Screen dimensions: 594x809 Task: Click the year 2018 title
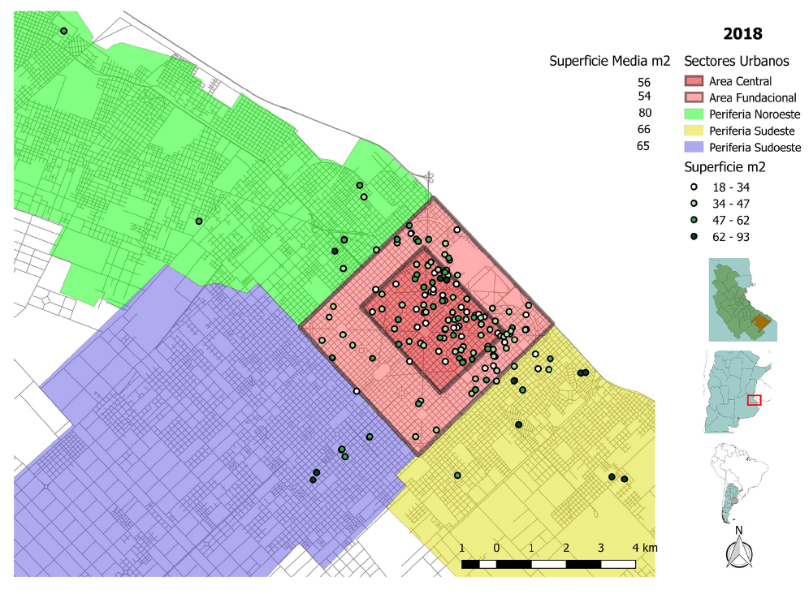[742, 33]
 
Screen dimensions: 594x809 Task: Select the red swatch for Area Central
[694, 81]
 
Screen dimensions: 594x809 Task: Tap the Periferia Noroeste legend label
[755, 114]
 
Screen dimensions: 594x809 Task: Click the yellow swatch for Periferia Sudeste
[694, 131]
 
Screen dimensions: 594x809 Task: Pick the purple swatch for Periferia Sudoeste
[694, 148]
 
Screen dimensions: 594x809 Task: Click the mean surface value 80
[645, 113]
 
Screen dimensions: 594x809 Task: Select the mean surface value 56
[644, 82]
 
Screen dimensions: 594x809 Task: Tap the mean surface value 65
[643, 146]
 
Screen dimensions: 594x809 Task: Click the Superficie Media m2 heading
[609, 61]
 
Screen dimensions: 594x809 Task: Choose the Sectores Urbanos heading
[736, 61]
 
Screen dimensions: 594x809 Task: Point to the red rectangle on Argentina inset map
[754, 399]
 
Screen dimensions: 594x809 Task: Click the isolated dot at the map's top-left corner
[63, 31]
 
